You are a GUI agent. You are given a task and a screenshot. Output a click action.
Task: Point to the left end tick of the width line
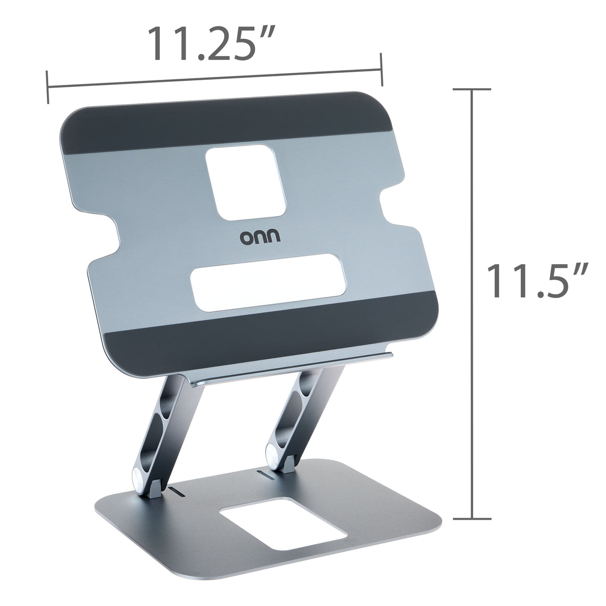click(47, 87)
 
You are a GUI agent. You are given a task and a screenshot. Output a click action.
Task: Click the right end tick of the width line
click(381, 69)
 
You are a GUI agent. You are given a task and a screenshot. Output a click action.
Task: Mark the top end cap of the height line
click(472, 90)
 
